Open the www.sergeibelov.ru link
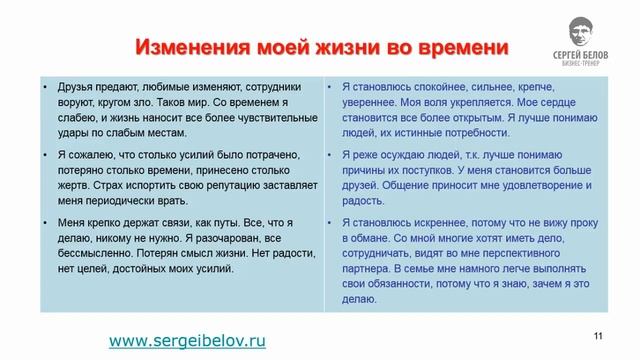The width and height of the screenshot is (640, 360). pyautogui.click(x=187, y=341)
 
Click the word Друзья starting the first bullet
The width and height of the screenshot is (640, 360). pyautogui.click(x=66, y=87)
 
